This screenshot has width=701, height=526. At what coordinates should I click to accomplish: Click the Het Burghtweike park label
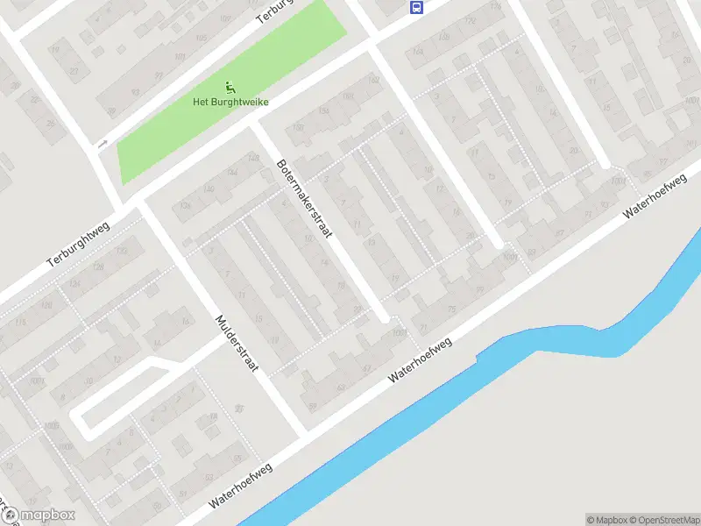tap(230, 102)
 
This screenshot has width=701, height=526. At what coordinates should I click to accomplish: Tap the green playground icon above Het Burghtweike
tap(230, 86)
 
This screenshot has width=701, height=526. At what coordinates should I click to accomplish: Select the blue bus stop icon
tap(416, 8)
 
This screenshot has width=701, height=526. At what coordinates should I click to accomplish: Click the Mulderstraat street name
tap(237, 342)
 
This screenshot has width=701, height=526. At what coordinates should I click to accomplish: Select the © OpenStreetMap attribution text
tap(663, 520)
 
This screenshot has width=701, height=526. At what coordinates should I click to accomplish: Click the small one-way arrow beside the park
tap(103, 144)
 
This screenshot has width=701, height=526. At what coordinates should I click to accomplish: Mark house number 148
tap(254, 158)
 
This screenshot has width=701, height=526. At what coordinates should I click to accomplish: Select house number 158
tap(323, 110)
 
